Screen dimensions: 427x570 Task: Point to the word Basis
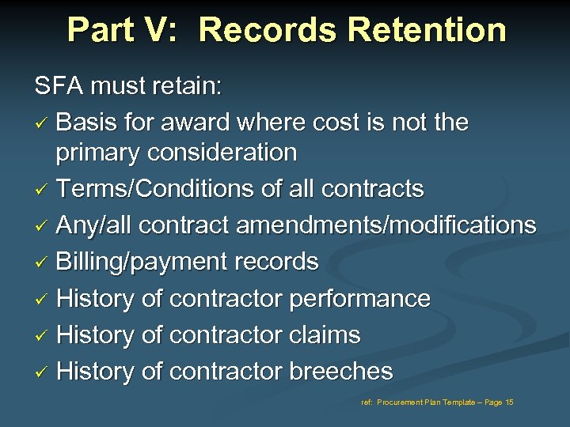click(x=86, y=123)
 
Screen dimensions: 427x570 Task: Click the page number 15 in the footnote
click(x=508, y=402)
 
